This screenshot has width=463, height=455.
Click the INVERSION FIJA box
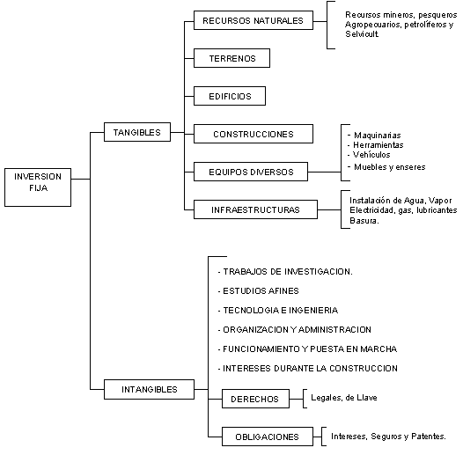tap(38, 187)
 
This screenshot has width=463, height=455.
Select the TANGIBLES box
tap(137, 132)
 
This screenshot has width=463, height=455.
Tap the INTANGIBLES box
tap(149, 389)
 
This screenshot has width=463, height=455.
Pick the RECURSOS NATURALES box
tap(254, 20)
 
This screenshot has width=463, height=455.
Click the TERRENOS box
tap(231, 58)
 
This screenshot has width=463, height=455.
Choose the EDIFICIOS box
tap(230, 96)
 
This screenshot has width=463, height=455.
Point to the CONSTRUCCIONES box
tap(254, 134)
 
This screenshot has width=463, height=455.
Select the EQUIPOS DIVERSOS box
tap(251, 172)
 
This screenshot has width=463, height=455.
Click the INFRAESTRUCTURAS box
tap(255, 209)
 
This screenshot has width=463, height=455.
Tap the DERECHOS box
tap(255, 399)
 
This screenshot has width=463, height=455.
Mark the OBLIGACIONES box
tap(268, 437)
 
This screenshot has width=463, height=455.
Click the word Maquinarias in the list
tap(378, 136)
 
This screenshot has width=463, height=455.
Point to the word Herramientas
tap(378, 145)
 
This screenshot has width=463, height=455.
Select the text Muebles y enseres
tap(389, 167)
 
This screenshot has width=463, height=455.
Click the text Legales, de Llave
tap(344, 398)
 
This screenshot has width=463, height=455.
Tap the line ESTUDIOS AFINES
tap(261, 291)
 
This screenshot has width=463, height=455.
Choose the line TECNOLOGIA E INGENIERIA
tap(280, 311)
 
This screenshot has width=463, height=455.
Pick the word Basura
tap(364, 221)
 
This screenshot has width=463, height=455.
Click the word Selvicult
tap(362, 34)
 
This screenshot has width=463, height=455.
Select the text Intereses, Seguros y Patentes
tap(388, 437)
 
